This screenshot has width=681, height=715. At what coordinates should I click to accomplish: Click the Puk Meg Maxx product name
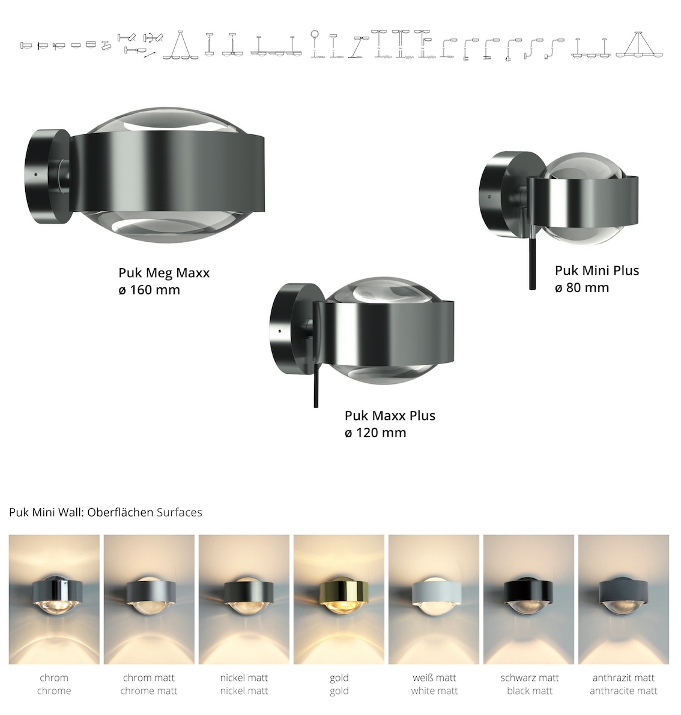click(x=164, y=273)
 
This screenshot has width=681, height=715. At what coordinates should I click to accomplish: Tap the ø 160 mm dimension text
click(x=150, y=290)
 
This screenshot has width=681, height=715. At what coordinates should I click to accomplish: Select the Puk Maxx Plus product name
click(x=390, y=416)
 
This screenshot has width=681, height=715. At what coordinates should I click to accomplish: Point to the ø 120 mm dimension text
click(x=375, y=432)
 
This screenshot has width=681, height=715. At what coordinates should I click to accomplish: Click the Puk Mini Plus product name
click(x=596, y=271)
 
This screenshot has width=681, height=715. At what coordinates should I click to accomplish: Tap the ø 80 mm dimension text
click(x=582, y=288)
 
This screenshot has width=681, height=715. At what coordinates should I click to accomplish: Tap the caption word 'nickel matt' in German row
click(x=244, y=678)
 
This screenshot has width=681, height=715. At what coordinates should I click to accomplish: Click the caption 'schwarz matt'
click(x=530, y=678)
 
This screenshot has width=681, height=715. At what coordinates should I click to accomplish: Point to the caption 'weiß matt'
click(x=434, y=678)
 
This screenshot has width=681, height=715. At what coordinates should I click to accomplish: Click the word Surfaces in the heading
click(x=180, y=512)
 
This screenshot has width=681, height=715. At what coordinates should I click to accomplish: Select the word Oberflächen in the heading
click(x=120, y=512)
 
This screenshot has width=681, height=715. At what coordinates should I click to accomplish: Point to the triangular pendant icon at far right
click(x=639, y=45)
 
